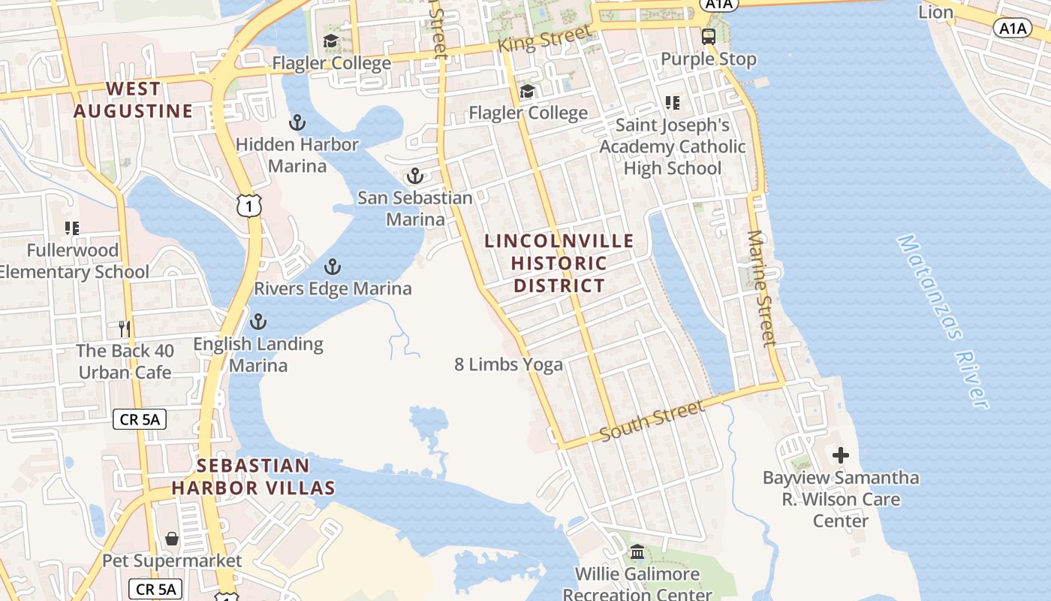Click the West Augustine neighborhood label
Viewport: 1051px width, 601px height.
(x=133, y=100)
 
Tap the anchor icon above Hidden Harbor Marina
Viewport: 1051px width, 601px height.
(x=297, y=122)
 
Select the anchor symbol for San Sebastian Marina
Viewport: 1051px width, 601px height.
(x=414, y=177)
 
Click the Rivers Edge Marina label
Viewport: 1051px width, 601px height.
(x=333, y=288)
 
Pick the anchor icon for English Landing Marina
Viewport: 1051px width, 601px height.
(x=258, y=322)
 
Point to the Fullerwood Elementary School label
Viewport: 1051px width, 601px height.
(x=74, y=261)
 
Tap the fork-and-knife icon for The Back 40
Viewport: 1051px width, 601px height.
(x=125, y=328)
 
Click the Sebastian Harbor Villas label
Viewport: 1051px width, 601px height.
(x=253, y=476)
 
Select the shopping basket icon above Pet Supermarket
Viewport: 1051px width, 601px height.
(x=172, y=539)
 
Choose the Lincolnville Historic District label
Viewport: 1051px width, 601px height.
(x=559, y=263)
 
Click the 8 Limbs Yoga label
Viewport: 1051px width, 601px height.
(x=508, y=364)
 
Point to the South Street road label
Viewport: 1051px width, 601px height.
(x=652, y=420)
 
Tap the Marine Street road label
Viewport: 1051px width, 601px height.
(x=761, y=288)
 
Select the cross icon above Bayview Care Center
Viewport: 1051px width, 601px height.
(x=841, y=455)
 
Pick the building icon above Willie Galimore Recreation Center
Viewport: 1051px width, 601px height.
(x=637, y=552)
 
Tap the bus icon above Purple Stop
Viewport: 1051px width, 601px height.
(x=708, y=36)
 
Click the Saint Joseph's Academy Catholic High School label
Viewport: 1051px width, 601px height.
(x=673, y=146)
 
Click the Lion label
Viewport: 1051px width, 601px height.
(x=936, y=12)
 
